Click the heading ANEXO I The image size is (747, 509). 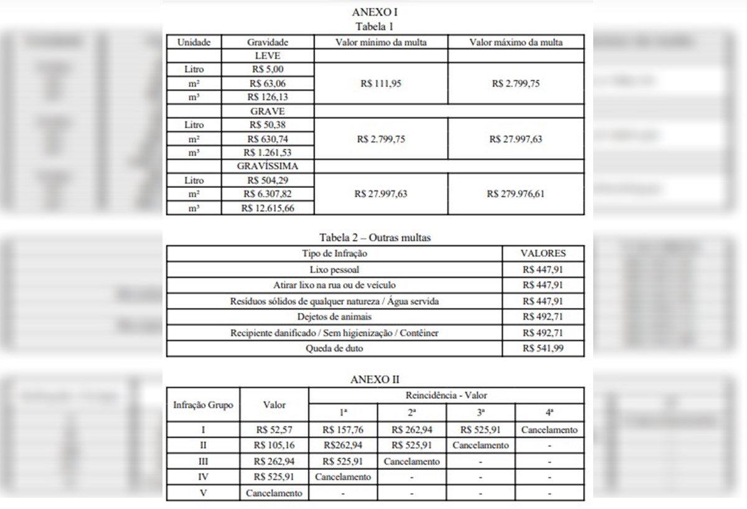pos(375,12)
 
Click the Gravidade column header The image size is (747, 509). pos(268,42)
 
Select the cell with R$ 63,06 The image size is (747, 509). pos(268,83)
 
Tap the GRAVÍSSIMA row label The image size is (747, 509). pos(268,166)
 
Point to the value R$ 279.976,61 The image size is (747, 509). pos(515,194)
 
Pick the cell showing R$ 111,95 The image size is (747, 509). pos(381,83)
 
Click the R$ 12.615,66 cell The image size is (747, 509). pos(268,208)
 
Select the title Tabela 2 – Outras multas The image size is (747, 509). pos(375,237)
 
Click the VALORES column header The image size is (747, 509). pos(543,253)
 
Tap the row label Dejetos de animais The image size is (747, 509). pos(334,317)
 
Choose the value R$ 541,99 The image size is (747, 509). pos(543,348)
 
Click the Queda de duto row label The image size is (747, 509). pos(334,348)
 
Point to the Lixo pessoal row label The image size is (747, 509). pos(334,269)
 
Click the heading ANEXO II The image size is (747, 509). pos(375,380)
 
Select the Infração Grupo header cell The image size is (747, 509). pos(203,405)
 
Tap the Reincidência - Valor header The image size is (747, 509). pos(446,395)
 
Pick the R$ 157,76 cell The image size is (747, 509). pos(343,430)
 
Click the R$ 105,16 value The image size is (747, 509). pos(274,446)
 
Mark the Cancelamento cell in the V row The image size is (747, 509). pos(274,493)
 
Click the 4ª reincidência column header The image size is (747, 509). pos(550,413)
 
